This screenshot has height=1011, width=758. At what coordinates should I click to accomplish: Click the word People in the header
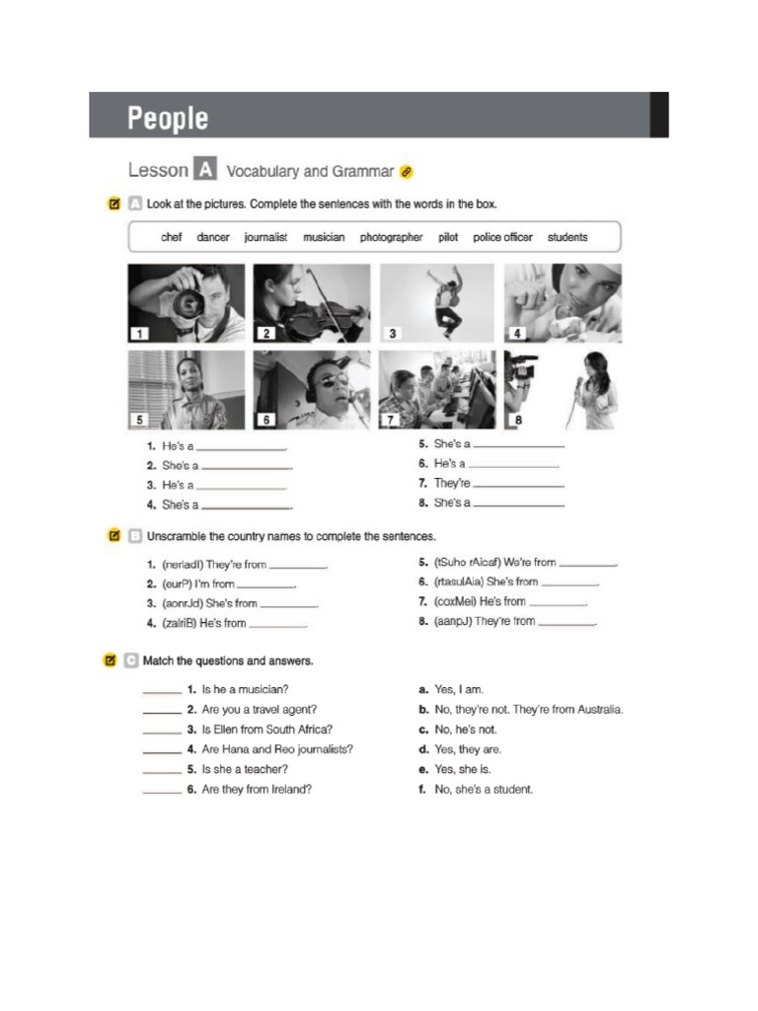click(168, 118)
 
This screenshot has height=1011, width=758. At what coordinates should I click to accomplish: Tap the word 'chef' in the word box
click(172, 237)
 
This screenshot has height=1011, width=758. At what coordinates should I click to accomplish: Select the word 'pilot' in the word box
click(448, 237)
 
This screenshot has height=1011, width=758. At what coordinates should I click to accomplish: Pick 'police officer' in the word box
click(502, 237)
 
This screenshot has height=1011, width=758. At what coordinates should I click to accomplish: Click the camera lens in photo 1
click(187, 301)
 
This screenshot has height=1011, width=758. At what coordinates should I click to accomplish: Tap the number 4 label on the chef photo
click(517, 334)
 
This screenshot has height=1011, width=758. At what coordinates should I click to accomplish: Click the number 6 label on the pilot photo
click(265, 420)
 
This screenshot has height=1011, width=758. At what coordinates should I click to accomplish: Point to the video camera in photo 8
click(522, 370)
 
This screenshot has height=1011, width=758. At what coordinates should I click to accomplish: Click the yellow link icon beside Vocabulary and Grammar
click(406, 172)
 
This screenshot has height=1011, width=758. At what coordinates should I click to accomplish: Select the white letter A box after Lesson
click(204, 170)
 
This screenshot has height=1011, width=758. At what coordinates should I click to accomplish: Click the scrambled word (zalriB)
click(178, 623)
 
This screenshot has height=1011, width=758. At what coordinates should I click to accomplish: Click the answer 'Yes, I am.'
click(459, 689)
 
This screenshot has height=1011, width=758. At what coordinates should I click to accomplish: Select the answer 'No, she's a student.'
click(484, 789)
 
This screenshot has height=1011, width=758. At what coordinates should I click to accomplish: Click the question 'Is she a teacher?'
click(245, 769)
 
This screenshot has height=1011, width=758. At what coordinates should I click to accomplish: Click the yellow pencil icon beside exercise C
click(111, 661)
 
